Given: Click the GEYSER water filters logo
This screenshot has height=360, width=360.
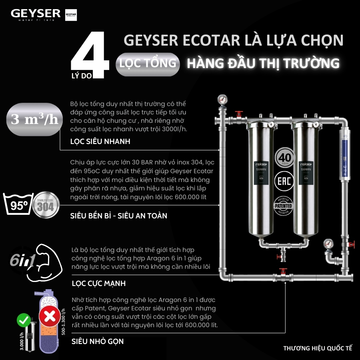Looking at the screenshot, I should point(36,15).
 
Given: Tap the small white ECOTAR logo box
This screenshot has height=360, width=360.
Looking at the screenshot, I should point(70,15).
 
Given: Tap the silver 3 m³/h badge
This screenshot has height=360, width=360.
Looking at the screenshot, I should point(34,120).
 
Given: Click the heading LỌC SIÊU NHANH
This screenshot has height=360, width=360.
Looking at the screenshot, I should point(100,142).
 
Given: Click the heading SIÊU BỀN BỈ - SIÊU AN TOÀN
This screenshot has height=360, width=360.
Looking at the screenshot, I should point(119,216).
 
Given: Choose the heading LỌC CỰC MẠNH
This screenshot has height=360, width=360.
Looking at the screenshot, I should point(98,284).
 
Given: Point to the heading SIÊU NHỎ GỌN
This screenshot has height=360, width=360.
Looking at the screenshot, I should point(98,341).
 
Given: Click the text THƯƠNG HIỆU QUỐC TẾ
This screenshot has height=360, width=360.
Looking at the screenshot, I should point(318,348).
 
